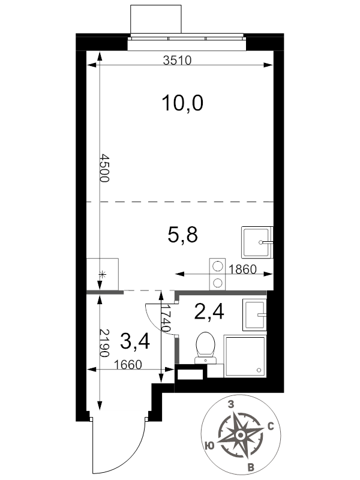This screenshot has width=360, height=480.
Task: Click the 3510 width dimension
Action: coord(177,61)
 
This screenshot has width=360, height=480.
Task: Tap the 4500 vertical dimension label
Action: coord(104,169)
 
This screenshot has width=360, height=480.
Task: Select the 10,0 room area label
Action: coord(182,103)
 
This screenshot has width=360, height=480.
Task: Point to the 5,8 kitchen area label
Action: coord(183,235)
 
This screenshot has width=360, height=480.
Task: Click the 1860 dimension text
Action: coord(242,269)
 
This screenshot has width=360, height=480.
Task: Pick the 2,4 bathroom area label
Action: coord(209,311)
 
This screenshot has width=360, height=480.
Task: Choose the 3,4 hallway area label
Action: coord(135,341)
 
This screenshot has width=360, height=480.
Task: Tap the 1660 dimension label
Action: coord(128,365)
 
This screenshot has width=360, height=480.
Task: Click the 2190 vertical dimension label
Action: coord(104,343)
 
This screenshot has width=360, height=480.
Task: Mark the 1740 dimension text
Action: coord(166,319)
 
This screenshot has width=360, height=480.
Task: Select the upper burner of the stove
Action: coord(217,266)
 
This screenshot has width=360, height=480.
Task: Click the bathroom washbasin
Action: coord(254,314)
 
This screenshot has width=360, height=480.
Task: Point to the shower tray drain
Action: coord(259,370)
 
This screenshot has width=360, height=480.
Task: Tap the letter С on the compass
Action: coord(271,427)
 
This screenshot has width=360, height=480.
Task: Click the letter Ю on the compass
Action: coord(209,446)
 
